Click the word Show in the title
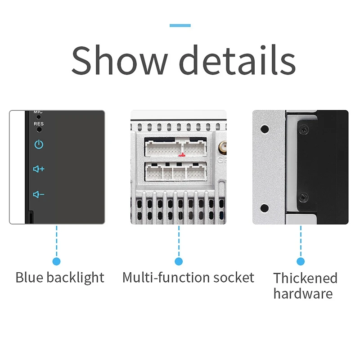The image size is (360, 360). (x=119, y=60)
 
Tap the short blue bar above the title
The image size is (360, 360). (x=180, y=26)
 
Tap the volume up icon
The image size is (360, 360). (x=39, y=169)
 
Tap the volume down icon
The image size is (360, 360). (x=39, y=194)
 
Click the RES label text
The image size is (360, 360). (x=39, y=123)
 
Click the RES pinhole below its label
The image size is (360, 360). (x=39, y=129)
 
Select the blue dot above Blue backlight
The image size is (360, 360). (x=57, y=261)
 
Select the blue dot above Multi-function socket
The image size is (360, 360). (x=179, y=261)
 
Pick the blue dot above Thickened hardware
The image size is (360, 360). (x=301, y=261)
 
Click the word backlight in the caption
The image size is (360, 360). (x=75, y=277)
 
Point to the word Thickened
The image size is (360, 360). (x=305, y=278)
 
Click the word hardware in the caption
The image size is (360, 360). (x=303, y=294)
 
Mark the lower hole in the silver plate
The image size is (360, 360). (x=265, y=208)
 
